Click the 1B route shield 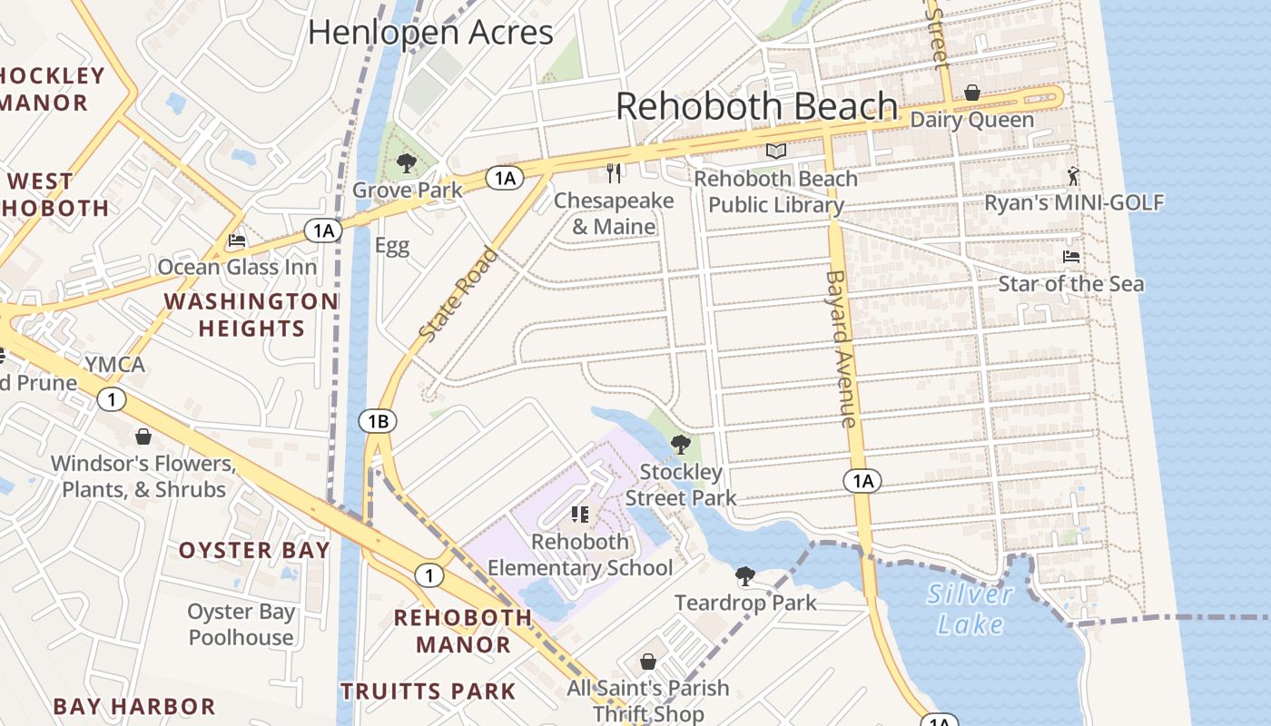coord(378,421)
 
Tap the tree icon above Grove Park coord(406,163)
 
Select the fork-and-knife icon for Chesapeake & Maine coord(614,172)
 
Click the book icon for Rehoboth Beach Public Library coord(775,152)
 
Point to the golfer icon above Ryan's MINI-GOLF coord(1074,176)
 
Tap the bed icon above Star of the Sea coord(1071,257)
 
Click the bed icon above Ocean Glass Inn coord(237,240)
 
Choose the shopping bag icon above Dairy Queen coord(971,93)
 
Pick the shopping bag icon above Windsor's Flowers coord(143,437)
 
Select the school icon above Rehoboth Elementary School coord(580,515)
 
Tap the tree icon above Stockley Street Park coord(680,445)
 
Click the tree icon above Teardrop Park coord(745,575)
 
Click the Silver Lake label coord(970,609)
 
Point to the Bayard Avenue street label coord(842,348)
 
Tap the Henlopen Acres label coord(430,33)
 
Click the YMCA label coord(114,365)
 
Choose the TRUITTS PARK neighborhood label coord(428,691)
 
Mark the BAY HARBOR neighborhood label coord(134,706)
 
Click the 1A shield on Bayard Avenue coord(862,481)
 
